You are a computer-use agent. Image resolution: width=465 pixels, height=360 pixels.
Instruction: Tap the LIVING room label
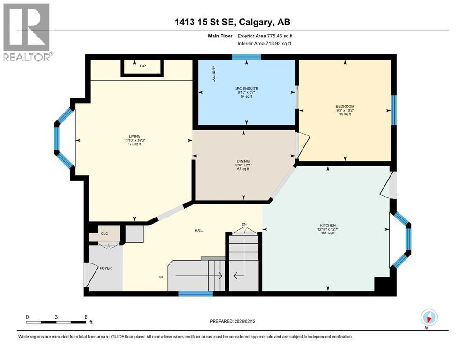point(135,136)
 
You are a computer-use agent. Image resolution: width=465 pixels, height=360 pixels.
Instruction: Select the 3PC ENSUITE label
point(247,88)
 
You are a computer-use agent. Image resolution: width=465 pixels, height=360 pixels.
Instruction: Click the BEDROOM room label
point(345,106)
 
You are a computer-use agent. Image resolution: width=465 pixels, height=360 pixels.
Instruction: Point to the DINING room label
point(243,161)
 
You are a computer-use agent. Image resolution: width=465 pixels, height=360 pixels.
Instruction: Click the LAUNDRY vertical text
point(214,74)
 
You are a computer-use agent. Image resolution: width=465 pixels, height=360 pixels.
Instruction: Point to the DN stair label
point(244,225)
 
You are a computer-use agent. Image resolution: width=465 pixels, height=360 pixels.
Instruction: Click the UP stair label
point(161,277)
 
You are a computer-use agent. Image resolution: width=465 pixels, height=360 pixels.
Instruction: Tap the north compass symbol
point(428,317)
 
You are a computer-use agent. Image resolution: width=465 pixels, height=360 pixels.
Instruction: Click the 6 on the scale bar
point(86,317)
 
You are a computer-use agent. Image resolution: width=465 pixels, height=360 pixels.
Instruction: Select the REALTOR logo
point(27,31)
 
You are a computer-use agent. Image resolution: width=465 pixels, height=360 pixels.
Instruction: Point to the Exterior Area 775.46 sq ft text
point(267,36)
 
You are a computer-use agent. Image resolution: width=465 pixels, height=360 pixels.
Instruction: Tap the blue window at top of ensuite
point(246,58)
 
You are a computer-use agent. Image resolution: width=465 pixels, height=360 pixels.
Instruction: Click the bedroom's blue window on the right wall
point(394,110)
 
